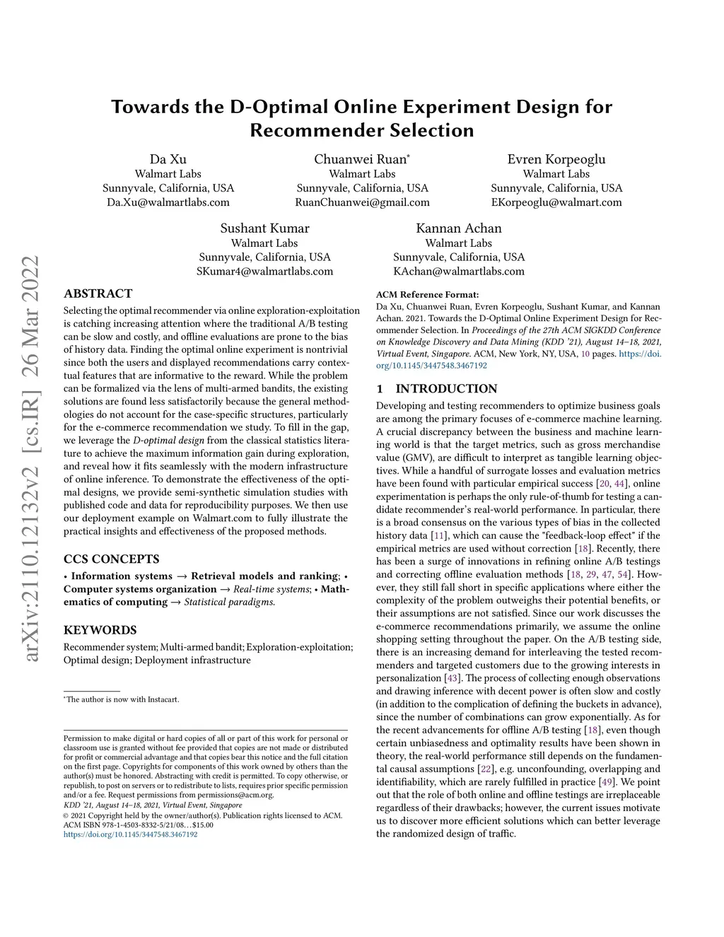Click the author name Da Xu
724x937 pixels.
pos(168,159)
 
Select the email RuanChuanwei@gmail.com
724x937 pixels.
pos(362,202)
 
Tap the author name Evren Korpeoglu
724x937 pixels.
pos(556,159)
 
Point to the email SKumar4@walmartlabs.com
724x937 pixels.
pos(264,272)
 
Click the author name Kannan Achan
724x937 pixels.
pos(459,228)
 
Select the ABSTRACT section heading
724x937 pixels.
pos(98,293)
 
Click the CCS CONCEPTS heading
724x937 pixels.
pos(112,559)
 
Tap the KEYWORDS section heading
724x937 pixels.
pos(100,630)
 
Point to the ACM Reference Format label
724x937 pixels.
pos(427,295)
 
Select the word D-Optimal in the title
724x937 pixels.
pos(279,107)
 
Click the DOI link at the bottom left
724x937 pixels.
pos(131,834)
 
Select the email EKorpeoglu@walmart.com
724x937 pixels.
pos(556,202)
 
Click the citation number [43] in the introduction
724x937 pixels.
pos(451,679)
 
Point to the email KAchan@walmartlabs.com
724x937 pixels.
pos(459,272)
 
